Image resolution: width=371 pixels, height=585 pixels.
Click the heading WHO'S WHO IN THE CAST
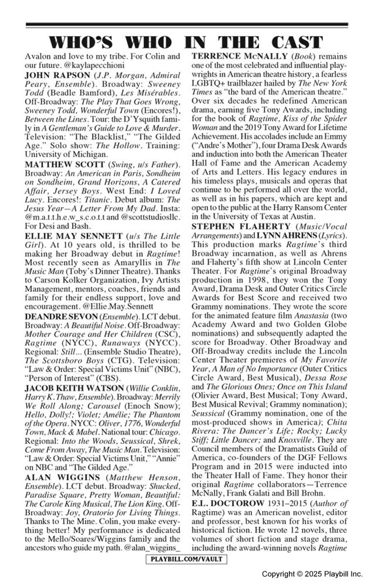coord(185,42)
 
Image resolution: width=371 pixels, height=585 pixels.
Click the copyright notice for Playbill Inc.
coord(312,574)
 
